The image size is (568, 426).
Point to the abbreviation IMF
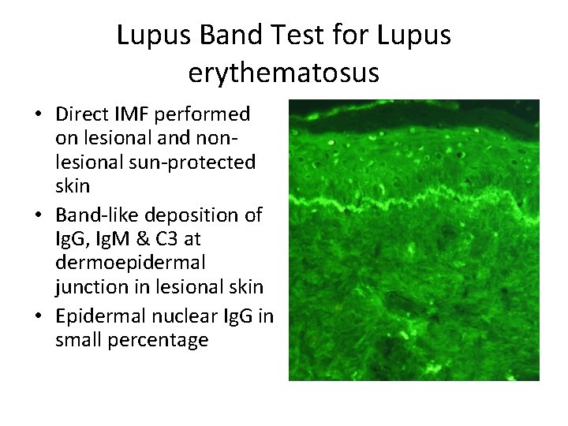tap(136, 115)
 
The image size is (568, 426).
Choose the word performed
tap(204, 115)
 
